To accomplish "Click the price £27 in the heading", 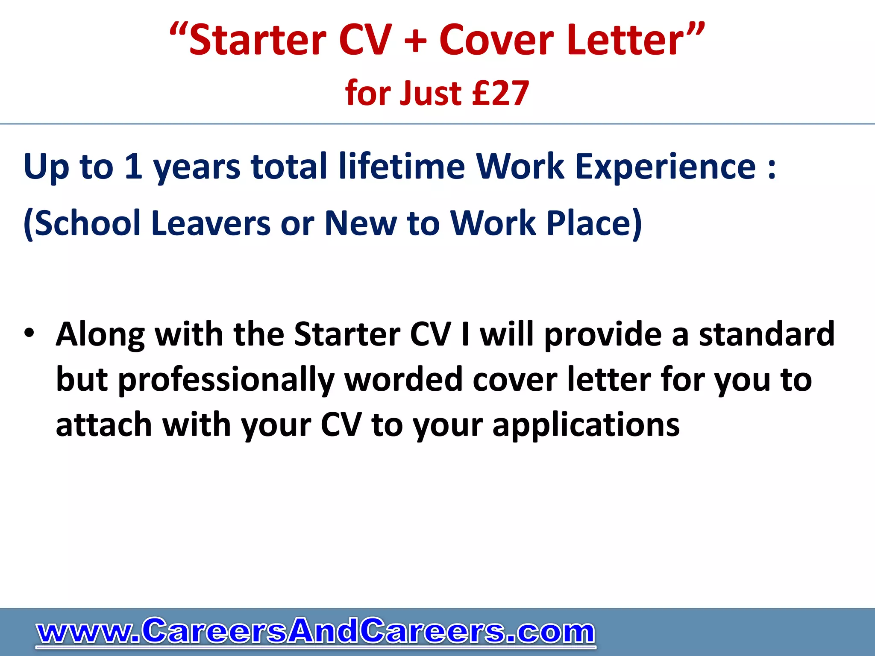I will coord(500,93).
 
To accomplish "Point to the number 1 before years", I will coord(133,166).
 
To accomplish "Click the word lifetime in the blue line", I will coord(402,166).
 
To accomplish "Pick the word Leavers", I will coord(211,223).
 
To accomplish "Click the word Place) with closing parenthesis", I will coord(594,223).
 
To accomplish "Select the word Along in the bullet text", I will coord(100,334).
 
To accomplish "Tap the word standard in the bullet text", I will coord(766,334).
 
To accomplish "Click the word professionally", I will coord(226,380).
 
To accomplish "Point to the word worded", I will coord(403,380).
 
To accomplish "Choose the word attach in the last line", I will coord(104,425).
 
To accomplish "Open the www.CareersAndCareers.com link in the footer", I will coord(316,632).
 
